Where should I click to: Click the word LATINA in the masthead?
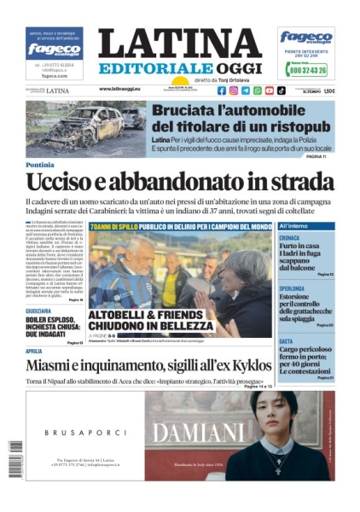(179, 44)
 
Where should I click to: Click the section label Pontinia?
(39, 165)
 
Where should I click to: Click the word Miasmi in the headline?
(54, 367)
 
